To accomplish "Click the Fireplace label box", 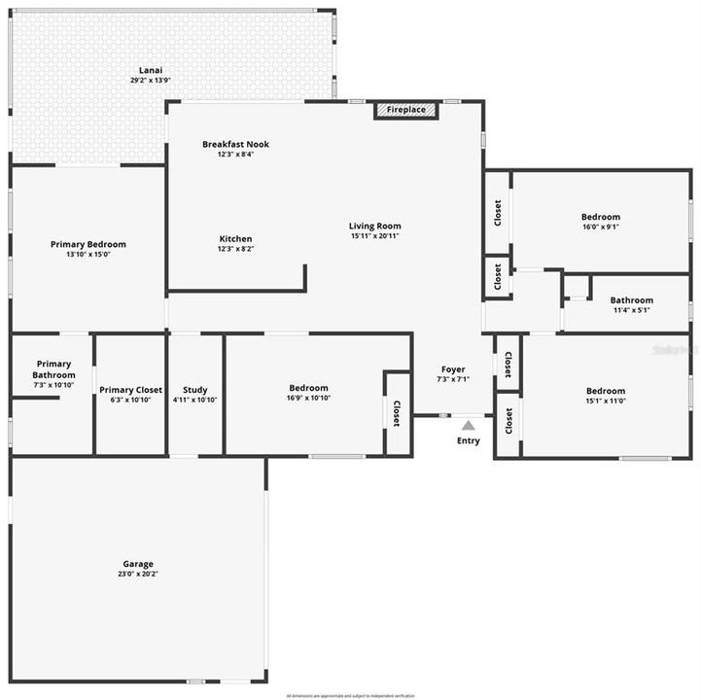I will [406, 110].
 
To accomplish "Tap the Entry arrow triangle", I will [468, 425].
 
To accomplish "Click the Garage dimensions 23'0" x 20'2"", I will [138, 574].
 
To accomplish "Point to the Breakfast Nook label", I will [235, 144].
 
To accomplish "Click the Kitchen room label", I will [235, 238].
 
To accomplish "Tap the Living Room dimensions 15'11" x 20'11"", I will [374, 235].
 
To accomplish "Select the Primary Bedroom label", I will [88, 244].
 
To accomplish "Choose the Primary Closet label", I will [130, 389].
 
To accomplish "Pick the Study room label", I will [195, 389].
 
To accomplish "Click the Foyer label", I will [453, 369].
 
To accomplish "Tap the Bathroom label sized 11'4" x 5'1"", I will [632, 300].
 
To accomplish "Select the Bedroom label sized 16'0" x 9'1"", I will [600, 217].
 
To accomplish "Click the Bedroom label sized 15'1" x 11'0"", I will [605, 391].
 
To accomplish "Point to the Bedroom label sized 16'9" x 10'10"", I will [307, 388].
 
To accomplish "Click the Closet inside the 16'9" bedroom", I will [396, 412].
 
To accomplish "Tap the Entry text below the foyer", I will [468, 441].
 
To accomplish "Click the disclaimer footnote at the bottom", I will [350, 695].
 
